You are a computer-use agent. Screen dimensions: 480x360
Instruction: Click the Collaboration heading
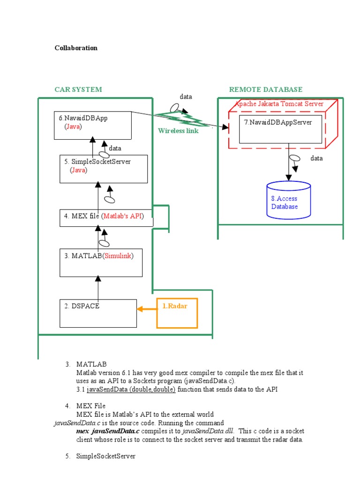point(76,48)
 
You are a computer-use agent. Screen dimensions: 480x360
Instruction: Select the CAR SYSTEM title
point(78,90)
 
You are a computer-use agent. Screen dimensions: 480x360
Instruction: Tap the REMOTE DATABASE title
point(265,90)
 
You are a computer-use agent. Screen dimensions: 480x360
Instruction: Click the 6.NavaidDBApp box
point(92,125)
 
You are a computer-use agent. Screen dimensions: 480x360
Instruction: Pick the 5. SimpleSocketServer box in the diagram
point(104,169)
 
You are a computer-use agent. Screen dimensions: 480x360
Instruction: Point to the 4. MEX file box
point(106,217)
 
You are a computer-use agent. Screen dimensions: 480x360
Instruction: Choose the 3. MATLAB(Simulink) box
point(100,262)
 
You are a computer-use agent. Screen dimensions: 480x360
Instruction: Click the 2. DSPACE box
point(98,313)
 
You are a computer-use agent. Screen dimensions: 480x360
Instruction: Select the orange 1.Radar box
point(177,313)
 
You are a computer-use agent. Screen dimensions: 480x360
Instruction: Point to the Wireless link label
point(178,131)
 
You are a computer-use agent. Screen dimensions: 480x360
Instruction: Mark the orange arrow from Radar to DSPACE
point(147,309)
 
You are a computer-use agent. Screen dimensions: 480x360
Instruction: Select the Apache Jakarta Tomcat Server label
point(279,104)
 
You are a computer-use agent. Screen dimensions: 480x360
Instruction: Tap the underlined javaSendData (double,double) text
point(131,390)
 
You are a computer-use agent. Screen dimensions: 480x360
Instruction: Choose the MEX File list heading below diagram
point(91,405)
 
